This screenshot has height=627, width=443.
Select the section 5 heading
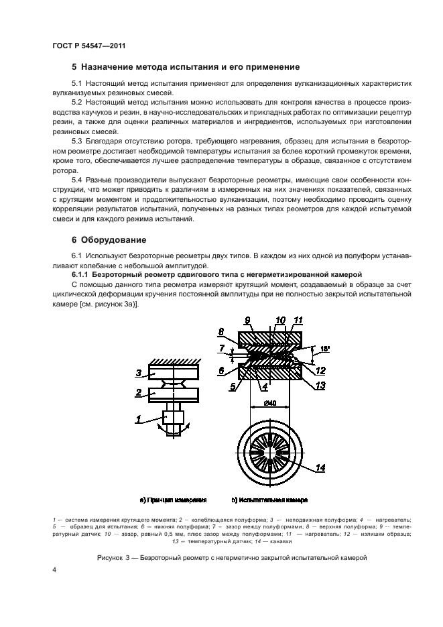pyautogui.click(x=185, y=67)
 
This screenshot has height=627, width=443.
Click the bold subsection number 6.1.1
pyautogui.click(x=82, y=275)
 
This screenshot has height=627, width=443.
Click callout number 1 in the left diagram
pyautogui.click(x=137, y=439)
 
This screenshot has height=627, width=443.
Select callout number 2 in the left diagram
pyautogui.click(x=137, y=392)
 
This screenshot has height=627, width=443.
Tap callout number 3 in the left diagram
pyautogui.click(x=137, y=373)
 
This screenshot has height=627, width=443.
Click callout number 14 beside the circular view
pyautogui.click(x=320, y=468)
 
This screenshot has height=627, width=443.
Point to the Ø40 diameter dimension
pyautogui.click(x=271, y=403)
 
